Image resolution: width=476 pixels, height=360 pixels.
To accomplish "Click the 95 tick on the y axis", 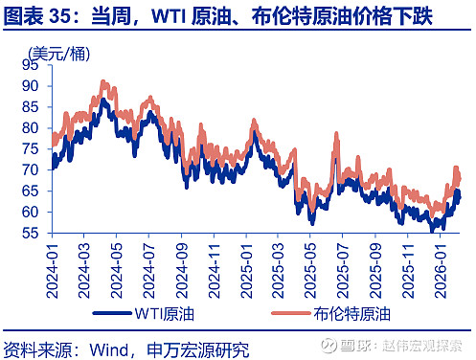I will (32, 65).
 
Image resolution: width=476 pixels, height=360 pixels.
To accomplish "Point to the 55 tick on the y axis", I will (32, 232).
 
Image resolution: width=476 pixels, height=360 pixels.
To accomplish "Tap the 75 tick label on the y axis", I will (32, 148).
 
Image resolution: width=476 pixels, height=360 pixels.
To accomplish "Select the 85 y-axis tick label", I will (32, 106).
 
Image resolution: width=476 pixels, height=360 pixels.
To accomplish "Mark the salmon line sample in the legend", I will (281, 314).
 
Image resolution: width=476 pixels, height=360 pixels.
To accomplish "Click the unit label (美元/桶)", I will (55, 52).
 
